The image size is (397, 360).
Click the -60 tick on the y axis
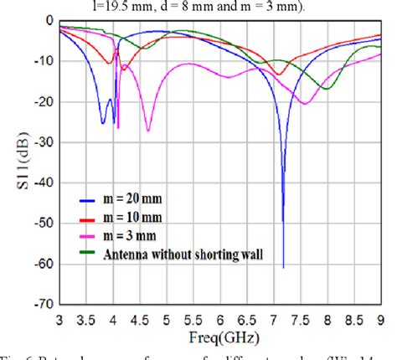tap(41, 265)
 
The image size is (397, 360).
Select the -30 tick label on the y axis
tap(41, 142)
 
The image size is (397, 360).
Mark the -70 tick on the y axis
tap(41, 306)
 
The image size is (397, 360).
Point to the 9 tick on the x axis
tap(382, 321)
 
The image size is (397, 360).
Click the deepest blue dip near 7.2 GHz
tap(283, 266)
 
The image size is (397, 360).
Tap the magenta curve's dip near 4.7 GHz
tap(148, 131)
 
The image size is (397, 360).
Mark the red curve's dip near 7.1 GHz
tap(279, 75)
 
